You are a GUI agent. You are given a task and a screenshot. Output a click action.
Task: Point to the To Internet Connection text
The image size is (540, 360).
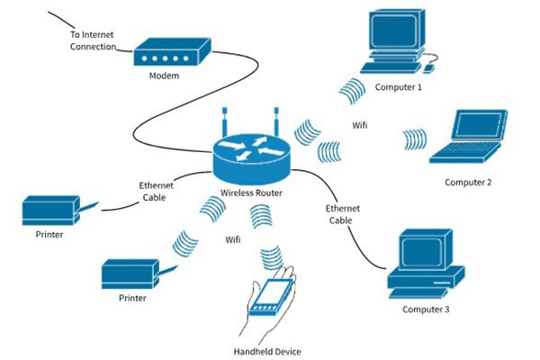pyautogui.click(x=94, y=40)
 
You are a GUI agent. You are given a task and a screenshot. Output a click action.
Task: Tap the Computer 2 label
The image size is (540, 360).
pyautogui.click(x=467, y=183)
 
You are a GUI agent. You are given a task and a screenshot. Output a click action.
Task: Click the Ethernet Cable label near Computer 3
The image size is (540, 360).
pyautogui.click(x=342, y=213)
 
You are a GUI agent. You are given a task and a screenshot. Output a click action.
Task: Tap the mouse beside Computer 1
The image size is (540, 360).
pyautogui.click(x=429, y=66)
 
